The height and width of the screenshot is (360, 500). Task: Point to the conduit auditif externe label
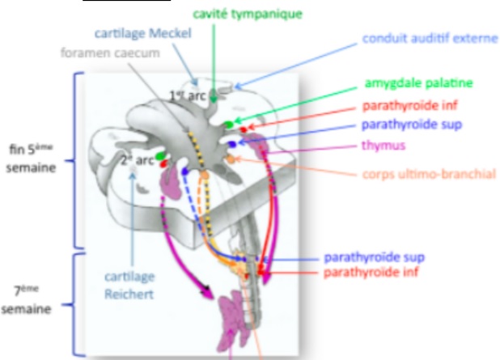coord(430,38)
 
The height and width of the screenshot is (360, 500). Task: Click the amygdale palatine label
coord(417,83)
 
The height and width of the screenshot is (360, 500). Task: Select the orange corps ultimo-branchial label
coord(429,173)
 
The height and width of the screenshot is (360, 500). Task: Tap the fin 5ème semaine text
coord(32,156)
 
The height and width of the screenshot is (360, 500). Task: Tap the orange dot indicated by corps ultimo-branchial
coord(231,161)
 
